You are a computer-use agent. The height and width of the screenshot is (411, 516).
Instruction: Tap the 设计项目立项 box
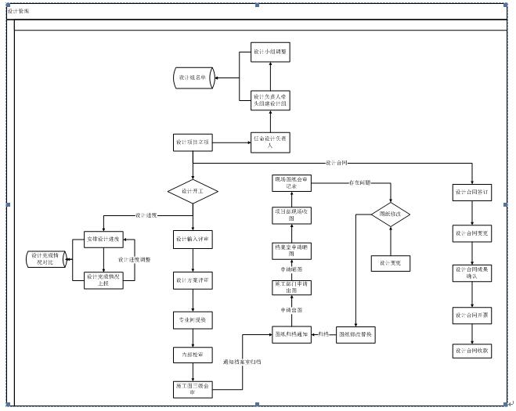(x=193, y=142)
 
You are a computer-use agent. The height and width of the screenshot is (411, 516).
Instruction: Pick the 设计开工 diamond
(x=193, y=190)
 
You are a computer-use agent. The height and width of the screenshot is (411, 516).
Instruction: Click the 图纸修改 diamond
(x=390, y=214)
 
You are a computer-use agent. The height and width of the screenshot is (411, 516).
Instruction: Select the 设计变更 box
(x=390, y=264)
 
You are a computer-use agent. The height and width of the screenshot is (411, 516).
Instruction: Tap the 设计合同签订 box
(x=472, y=191)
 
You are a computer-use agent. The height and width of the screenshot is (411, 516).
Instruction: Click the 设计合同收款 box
(x=472, y=351)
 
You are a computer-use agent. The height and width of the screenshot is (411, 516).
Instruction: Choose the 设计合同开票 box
(x=472, y=315)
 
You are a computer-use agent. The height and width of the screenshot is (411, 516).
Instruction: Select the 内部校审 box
(x=193, y=355)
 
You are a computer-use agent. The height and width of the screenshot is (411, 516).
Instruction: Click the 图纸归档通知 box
(x=289, y=335)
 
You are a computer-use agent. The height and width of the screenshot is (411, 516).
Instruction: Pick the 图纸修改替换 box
(x=357, y=335)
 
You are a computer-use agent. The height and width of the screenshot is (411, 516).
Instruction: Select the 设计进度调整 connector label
(x=135, y=259)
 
